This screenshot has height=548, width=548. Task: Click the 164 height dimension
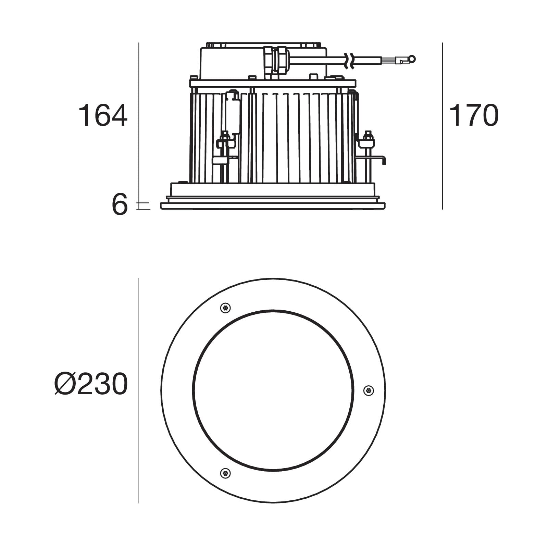[x=103, y=116]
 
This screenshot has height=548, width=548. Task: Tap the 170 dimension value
[x=474, y=115]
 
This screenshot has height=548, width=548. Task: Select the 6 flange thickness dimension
[x=120, y=205]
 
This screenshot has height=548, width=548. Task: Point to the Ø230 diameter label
[x=91, y=384]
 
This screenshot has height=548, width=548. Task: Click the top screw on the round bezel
[x=225, y=308]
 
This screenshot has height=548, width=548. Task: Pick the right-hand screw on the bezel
[x=368, y=390]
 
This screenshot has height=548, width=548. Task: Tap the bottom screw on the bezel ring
[x=225, y=473]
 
